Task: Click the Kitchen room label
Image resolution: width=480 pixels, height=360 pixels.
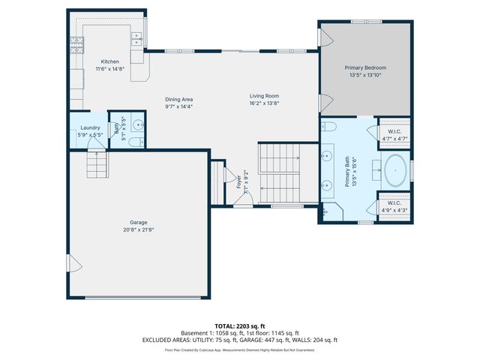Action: pyautogui.click(x=110, y=61)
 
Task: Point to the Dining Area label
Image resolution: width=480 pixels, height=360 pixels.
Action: pyautogui.click(x=179, y=99)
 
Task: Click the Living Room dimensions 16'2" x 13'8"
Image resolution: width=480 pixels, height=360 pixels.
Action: pyautogui.click(x=264, y=103)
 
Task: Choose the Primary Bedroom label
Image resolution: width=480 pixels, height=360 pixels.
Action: pyautogui.click(x=365, y=67)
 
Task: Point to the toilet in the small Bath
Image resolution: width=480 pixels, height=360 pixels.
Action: pyautogui.click(x=133, y=141)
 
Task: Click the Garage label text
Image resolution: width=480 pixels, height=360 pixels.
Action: pyautogui.click(x=138, y=222)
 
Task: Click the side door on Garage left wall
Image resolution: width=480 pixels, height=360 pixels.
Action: pyautogui.click(x=72, y=263)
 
